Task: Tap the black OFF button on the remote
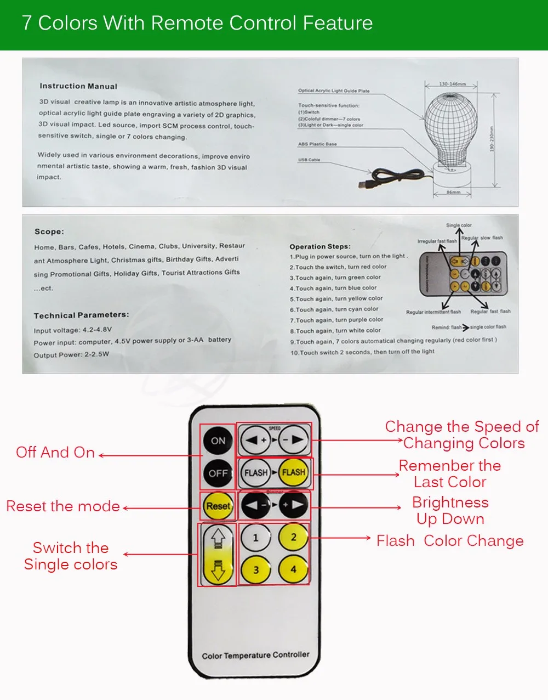[218, 473]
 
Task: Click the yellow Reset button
[218, 506]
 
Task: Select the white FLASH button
[256, 472]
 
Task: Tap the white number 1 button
[255, 538]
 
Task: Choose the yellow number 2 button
[293, 537]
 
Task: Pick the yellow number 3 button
[255, 570]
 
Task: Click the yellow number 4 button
[293, 569]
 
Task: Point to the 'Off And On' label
[55, 453]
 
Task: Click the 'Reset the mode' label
[63, 506]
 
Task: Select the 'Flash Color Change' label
[450, 541]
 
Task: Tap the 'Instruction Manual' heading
[78, 86]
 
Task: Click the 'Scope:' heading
[49, 232]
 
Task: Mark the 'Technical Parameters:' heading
[82, 315]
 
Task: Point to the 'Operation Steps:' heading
[320, 246]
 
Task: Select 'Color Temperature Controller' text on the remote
[255, 655]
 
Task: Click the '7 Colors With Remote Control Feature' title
[197, 23]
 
